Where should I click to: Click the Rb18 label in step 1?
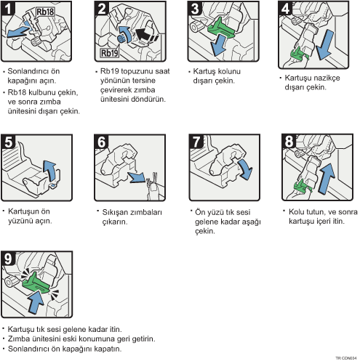point(45,12)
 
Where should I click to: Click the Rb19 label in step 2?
point(110,53)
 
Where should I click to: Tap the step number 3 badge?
point(195,9)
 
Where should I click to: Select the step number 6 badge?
point(101,142)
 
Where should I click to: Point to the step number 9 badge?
point(8,259)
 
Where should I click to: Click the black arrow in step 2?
point(146,36)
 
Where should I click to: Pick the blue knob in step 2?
point(121,38)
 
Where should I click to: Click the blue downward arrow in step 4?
point(324,45)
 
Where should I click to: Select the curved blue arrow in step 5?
point(51,171)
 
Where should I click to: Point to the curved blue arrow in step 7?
point(245,169)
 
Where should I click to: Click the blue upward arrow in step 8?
point(327,179)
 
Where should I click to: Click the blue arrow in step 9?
point(36,302)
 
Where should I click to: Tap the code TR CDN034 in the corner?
point(346,358)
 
